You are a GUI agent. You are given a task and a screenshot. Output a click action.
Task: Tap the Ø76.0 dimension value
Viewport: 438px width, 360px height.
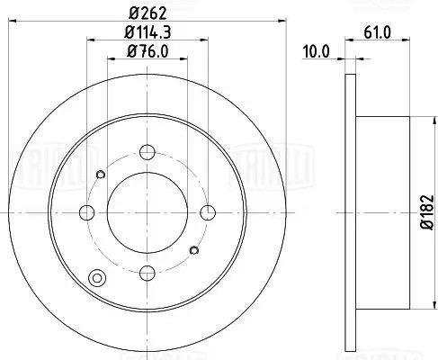click(148, 51)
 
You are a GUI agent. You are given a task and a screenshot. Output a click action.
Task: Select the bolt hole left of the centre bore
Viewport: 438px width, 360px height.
click(88, 212)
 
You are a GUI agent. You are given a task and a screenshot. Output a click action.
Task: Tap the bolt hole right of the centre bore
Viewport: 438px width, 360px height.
click(209, 212)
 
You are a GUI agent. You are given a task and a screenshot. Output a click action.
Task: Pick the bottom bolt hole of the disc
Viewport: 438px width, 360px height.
click(148, 272)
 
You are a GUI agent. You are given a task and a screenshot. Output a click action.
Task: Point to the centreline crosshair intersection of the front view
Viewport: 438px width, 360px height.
click(148, 212)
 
